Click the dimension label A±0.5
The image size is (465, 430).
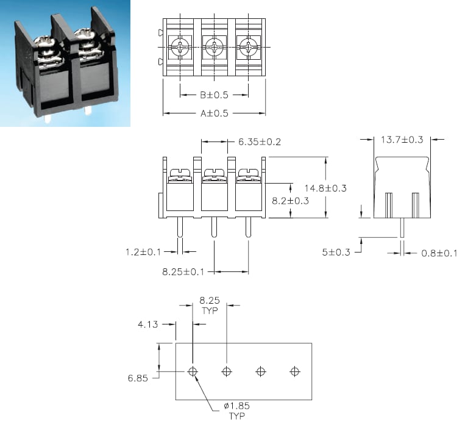214,113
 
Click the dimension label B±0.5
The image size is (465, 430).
214,95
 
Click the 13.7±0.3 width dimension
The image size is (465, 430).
402,140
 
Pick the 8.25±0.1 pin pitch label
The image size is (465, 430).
183,271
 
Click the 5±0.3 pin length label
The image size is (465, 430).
336,252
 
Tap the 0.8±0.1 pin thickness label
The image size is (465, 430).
439,253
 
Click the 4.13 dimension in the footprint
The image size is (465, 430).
148,324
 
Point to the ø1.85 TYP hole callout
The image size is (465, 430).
236,410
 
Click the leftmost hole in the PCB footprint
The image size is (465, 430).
193,371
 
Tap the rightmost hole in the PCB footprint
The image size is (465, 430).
295,371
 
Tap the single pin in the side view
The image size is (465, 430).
402,229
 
